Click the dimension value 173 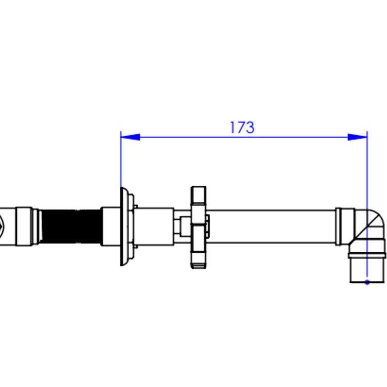242,127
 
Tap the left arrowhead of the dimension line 131,137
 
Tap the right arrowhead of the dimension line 357,137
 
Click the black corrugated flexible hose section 70,227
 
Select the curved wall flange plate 125,227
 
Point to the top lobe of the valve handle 199,195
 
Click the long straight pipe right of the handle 271,227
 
